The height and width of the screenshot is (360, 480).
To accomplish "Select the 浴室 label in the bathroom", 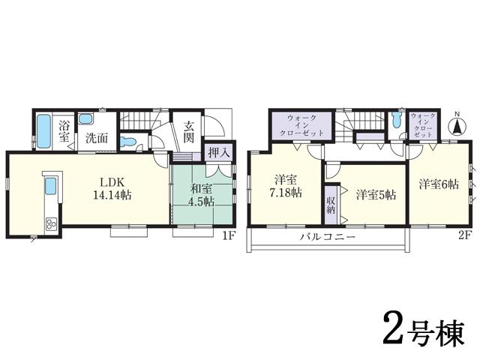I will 64,132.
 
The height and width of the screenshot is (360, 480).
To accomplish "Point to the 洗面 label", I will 95,138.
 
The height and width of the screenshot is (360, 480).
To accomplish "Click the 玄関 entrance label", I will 188,132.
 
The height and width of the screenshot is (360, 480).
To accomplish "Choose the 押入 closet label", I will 218,151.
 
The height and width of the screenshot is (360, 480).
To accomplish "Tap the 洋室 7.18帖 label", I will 286,187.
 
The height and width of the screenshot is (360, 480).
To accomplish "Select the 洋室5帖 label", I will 376,193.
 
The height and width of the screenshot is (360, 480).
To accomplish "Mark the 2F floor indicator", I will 464,234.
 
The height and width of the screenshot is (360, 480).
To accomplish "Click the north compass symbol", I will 455,125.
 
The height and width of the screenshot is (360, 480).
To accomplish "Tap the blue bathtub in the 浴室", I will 45,131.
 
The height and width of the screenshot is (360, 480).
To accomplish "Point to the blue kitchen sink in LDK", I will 52,187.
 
